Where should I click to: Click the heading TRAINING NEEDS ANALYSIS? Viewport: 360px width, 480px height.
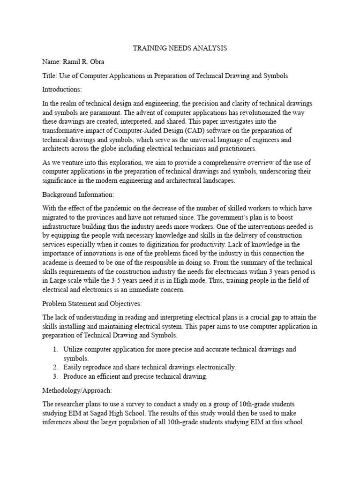(x=180, y=48)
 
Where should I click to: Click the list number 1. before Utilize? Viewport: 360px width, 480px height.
(x=55, y=350)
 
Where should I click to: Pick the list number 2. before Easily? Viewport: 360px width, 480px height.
(x=55, y=367)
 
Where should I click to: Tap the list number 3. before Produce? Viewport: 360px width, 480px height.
(x=55, y=377)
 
